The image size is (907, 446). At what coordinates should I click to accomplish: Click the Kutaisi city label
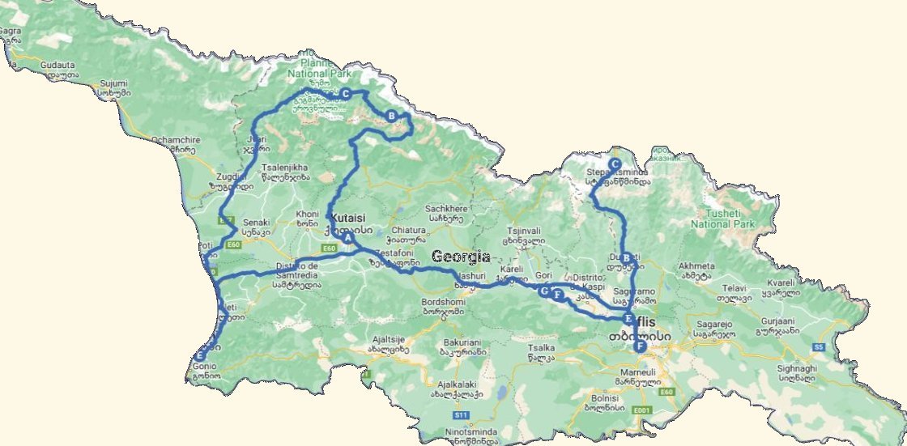pyautogui.click(x=348, y=218)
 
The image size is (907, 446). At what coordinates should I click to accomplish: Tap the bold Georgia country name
pyautogui.click(x=461, y=257)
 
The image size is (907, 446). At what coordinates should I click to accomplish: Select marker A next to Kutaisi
pyautogui.click(x=347, y=238)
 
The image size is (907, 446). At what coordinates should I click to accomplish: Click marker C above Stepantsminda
pyautogui.click(x=615, y=163)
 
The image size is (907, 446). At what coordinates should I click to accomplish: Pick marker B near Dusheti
pyautogui.click(x=625, y=257)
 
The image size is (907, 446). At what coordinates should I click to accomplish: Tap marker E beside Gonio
pyautogui.click(x=200, y=355)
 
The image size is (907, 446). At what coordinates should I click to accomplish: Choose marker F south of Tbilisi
pyautogui.click(x=640, y=346)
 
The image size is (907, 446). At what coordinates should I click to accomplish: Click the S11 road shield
pyautogui.click(x=461, y=415)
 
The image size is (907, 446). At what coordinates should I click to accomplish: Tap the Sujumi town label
pyautogui.click(x=114, y=83)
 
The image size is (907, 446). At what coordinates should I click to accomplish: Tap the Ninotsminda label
pyautogui.click(x=449, y=431)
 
